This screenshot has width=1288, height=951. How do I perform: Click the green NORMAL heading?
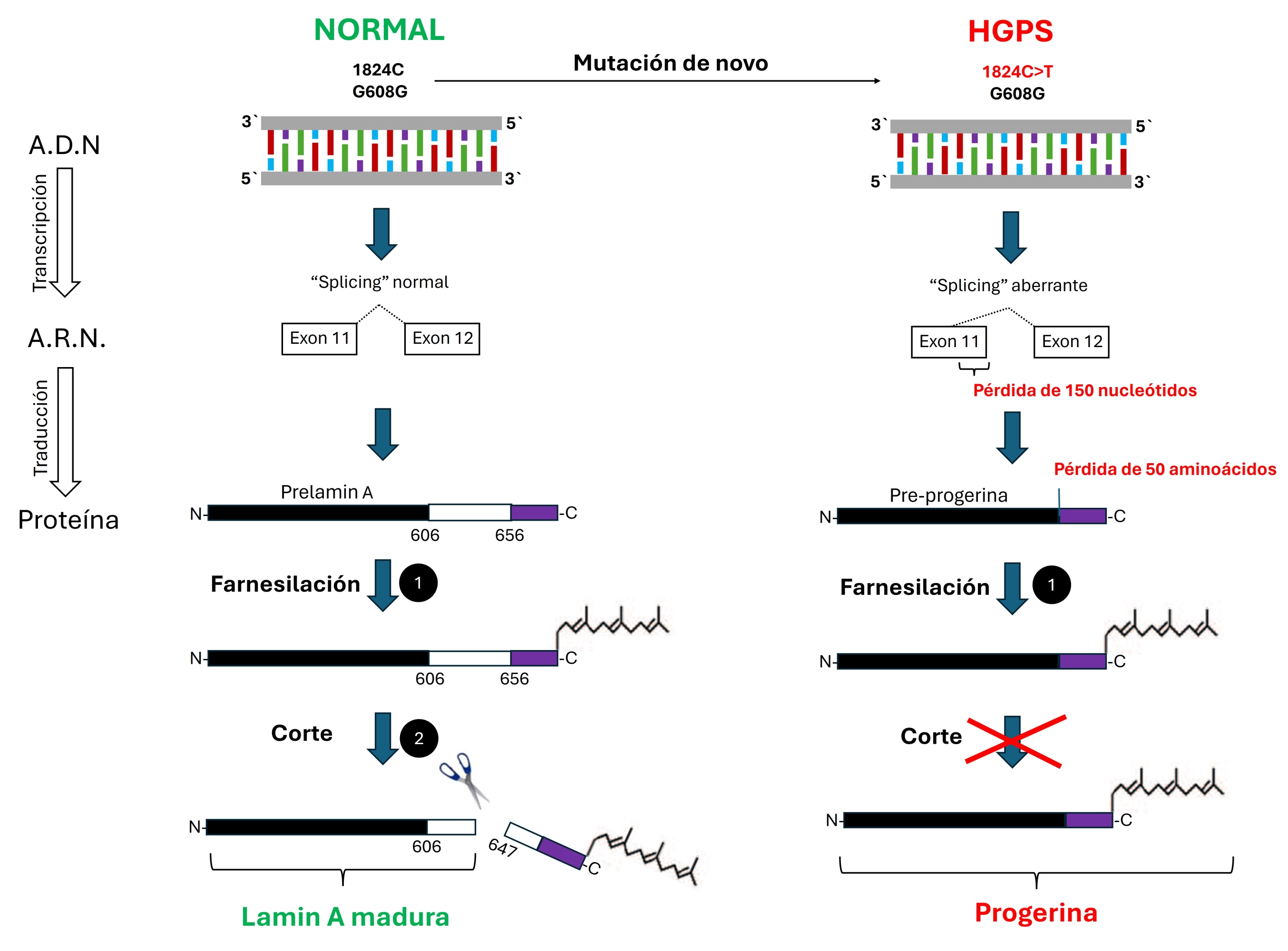point(379,30)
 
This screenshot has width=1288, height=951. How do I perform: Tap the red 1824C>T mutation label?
point(1017,72)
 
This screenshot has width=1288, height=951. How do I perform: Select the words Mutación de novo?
point(670,63)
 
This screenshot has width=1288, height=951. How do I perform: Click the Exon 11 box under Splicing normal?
point(319,339)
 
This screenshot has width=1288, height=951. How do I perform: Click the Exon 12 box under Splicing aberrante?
point(1071,342)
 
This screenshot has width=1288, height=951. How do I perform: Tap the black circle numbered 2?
point(419,738)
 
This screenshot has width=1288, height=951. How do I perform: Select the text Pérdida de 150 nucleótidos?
point(1084,390)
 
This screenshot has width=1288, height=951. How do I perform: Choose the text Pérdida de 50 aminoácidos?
point(1164,469)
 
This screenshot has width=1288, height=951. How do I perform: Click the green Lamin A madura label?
point(345,916)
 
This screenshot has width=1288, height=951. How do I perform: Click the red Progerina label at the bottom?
point(1035,913)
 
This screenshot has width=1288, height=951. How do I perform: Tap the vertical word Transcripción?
point(40,233)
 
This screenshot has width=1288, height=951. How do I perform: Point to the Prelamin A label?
point(326,492)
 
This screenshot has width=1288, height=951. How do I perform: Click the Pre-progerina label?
point(948,495)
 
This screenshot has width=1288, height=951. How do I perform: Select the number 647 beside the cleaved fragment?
point(502,847)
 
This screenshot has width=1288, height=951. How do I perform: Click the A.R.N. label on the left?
point(67,339)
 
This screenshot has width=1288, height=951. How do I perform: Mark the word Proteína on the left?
point(68,520)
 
